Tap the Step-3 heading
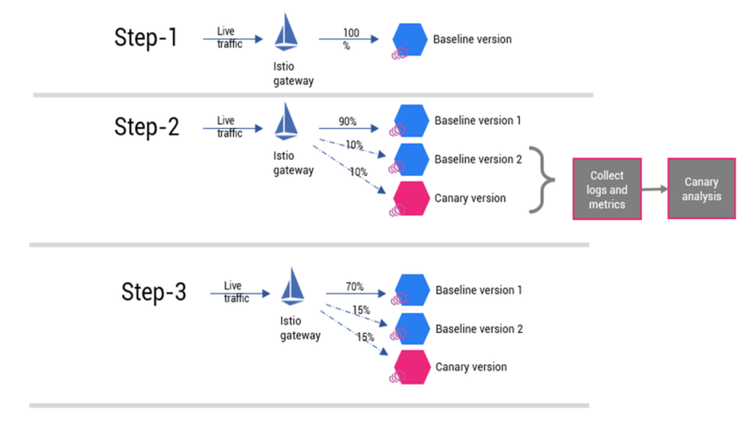point(154,292)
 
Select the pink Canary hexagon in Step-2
point(410,198)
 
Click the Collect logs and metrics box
point(606,188)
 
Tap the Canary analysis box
point(701,188)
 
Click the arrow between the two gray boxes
point(654,188)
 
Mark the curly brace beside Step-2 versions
point(541,179)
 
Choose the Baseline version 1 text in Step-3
point(478,291)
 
